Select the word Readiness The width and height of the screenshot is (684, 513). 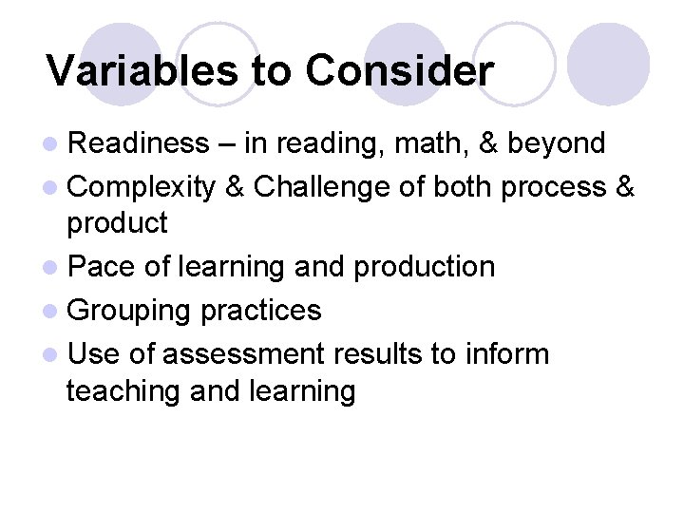pyautogui.click(x=139, y=143)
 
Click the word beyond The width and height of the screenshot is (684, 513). pyautogui.click(x=557, y=143)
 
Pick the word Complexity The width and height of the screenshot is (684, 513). pyautogui.click(x=142, y=187)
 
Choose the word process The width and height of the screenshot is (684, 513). pyautogui.click(x=552, y=187)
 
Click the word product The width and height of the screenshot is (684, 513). pyautogui.click(x=117, y=224)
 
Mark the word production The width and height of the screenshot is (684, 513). pyautogui.click(x=424, y=267)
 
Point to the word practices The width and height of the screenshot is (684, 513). pyautogui.click(x=261, y=311)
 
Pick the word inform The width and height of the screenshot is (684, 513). pyautogui.click(x=507, y=353)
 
